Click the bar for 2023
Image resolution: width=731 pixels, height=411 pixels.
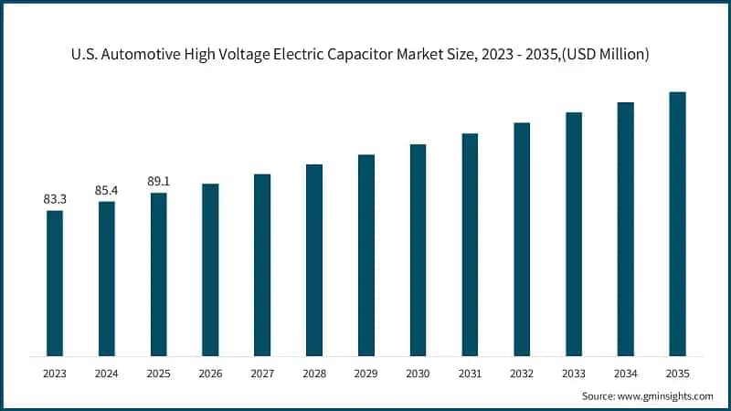pos(55,283)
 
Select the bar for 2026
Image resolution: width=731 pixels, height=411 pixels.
pos(210,269)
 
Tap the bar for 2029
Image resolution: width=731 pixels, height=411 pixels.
pos(366,255)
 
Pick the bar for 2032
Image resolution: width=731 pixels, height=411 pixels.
pos(522,238)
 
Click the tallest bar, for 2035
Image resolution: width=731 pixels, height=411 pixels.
pos(677,224)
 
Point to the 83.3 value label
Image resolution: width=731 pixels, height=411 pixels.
pos(55,198)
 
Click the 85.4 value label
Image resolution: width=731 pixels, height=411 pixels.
pos(107,189)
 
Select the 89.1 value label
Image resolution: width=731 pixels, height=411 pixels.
pos(159,181)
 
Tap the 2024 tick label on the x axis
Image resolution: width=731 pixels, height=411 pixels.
pos(107,374)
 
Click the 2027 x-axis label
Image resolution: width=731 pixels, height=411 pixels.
pos(262,374)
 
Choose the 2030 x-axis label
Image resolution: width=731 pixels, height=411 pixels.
pos(418,374)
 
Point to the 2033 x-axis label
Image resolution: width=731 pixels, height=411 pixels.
pos(574,374)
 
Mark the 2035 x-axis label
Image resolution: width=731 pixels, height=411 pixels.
pos(677,374)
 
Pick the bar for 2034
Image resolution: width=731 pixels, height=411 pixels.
pos(626,228)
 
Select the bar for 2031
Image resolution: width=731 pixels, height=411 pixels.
pos(470,244)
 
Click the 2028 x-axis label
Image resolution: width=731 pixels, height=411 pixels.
pos(314,374)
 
